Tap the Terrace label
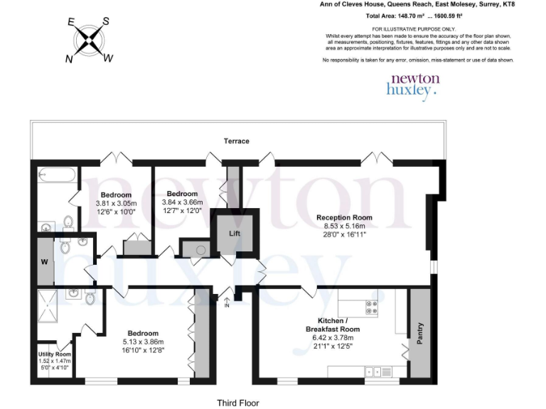[237, 141]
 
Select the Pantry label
[419, 334]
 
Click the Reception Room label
[344, 218]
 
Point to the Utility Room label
[55, 354]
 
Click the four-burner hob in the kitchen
[371, 307]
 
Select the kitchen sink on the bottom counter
[370, 371]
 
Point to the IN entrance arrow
[227, 301]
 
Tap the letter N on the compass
[70, 60]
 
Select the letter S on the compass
[106, 21]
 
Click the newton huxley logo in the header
[412, 84]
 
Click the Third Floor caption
[238, 403]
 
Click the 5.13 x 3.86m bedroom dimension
[143, 342]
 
